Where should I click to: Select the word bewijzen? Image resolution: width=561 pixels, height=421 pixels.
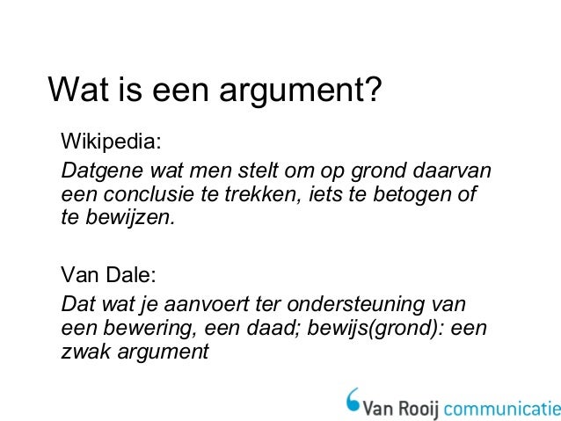[128, 216]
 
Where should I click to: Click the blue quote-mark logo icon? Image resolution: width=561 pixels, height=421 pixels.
[354, 396]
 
